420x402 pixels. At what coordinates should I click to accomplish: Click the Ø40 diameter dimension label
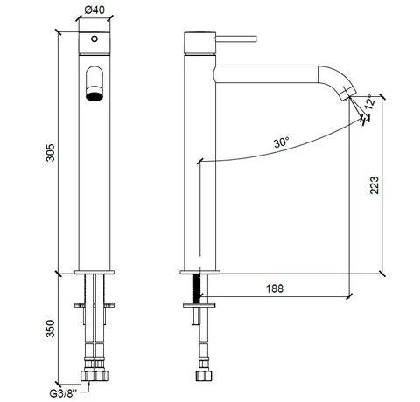coord(94,10)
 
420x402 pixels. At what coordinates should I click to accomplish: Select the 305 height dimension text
coord(51,152)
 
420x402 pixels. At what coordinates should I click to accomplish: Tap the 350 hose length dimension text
coord(51,329)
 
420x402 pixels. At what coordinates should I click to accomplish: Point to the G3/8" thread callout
coord(63,394)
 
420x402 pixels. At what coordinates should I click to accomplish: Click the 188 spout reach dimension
coord(275,288)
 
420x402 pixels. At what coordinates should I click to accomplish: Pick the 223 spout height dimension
coord(374,185)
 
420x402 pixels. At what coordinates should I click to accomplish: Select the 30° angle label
coord(282,142)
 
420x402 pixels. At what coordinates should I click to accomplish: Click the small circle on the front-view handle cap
coord(94,38)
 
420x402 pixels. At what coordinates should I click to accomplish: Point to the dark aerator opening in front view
coord(94,96)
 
